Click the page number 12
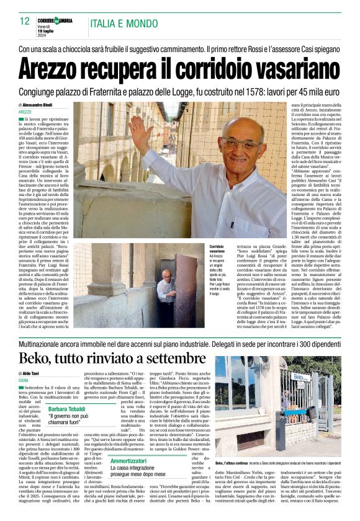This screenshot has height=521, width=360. coord(24,21)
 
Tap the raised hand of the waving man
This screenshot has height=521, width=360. coord(140,131)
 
